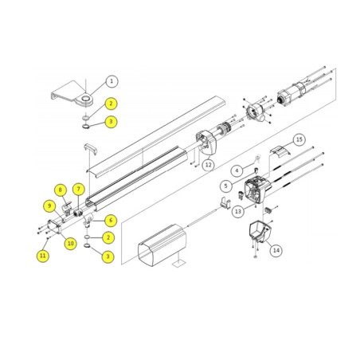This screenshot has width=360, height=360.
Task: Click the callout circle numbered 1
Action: pyautogui.click(x=112, y=81)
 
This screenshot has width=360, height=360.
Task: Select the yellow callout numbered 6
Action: pyautogui.click(x=111, y=221)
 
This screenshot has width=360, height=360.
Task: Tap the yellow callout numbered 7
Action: pyautogui.click(x=78, y=190)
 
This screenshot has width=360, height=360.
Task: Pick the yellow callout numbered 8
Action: pyautogui.click(x=61, y=190)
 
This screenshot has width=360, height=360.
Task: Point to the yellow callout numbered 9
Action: pyautogui.click(x=49, y=205)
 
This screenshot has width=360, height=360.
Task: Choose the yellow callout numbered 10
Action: pyautogui.click(x=70, y=244)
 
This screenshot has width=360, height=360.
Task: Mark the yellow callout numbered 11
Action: pyautogui.click(x=43, y=256)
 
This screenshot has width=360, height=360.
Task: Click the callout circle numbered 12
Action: pyautogui.click(x=209, y=165)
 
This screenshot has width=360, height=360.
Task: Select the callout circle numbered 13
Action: pyautogui.click(x=238, y=211)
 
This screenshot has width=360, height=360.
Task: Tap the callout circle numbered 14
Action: pyautogui.click(x=276, y=250)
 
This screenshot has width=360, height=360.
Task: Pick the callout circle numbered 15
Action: pyautogui.click(x=299, y=139)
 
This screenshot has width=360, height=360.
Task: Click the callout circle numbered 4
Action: pyautogui.click(x=237, y=170)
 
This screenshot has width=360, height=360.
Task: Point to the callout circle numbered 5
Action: pyautogui.click(x=226, y=186)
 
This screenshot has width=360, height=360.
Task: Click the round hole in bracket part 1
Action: pyautogui.click(x=86, y=99)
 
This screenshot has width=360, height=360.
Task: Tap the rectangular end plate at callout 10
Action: pyautogui.click(x=54, y=226)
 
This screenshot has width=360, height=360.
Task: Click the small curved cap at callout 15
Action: pyautogui.click(x=280, y=151)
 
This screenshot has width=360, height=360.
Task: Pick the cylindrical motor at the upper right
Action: pyautogui.click(x=292, y=93)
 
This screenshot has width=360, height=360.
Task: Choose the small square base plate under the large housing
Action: pyautogui.click(x=178, y=264)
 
